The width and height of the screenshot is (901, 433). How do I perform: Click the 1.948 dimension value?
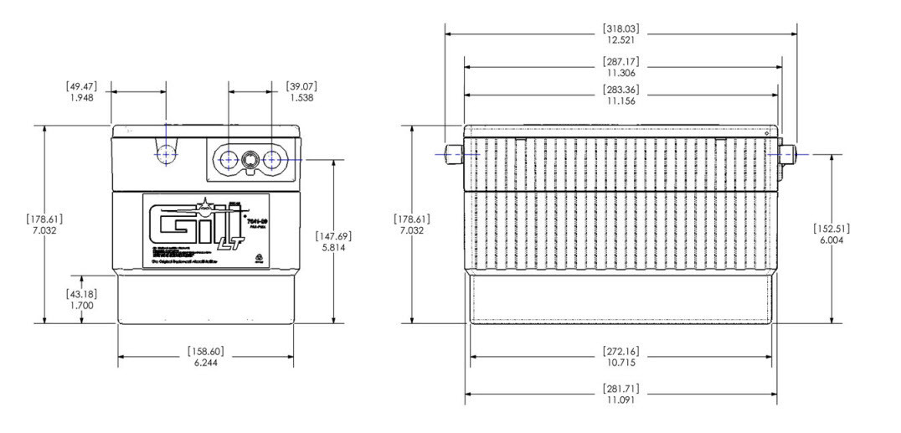81,98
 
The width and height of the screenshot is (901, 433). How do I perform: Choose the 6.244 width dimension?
205,362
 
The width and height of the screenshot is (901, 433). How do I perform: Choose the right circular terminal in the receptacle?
272,159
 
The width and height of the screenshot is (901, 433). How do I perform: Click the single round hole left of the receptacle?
167,155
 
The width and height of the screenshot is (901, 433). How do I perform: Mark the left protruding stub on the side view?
453,154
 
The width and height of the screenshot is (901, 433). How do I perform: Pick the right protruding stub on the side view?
787,154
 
